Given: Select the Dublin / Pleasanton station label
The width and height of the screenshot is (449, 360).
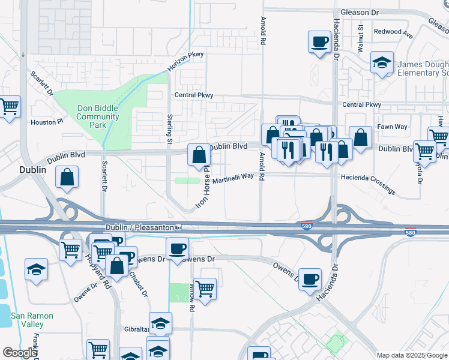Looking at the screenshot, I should pyautogui.click(x=140, y=227).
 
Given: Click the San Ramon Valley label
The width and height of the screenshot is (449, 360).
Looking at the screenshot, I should pyautogui.click(x=32, y=320).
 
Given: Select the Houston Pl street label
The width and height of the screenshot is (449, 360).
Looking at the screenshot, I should pyautogui.click(x=47, y=122).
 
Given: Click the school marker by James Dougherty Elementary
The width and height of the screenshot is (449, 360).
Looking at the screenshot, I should pyautogui.click(x=381, y=62).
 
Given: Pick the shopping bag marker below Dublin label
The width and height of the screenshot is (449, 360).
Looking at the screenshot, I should pyautogui.click(x=67, y=177).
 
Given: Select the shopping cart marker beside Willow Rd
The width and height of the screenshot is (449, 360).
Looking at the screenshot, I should pyautogui.click(x=205, y=289).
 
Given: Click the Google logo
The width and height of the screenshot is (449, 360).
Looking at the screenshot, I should pyautogui.click(x=20, y=353).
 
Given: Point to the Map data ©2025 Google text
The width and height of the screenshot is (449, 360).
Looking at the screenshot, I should pyautogui.click(x=412, y=355).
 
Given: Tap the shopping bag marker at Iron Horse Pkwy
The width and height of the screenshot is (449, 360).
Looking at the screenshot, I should pyautogui.click(x=199, y=155).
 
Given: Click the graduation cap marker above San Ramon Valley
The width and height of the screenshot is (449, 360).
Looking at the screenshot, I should pyautogui.click(x=37, y=269).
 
